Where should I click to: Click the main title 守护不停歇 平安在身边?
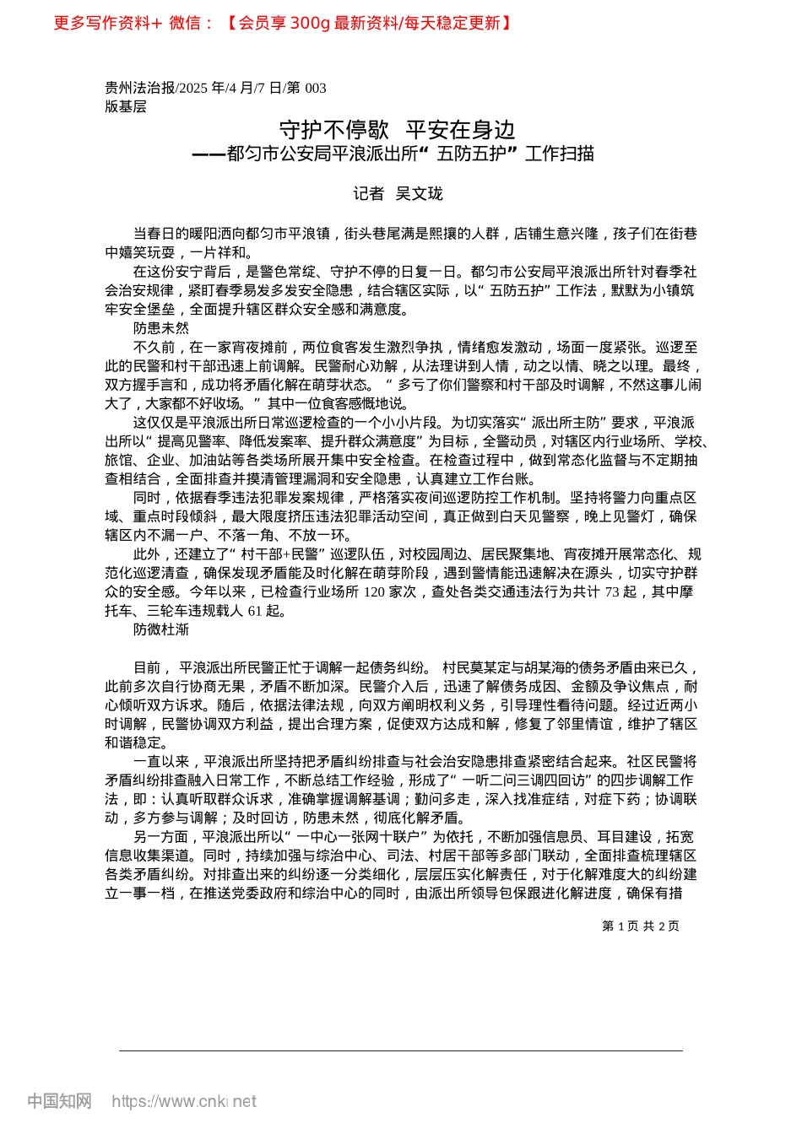397,130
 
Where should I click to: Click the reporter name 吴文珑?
419,194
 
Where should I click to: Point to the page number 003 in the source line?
314,88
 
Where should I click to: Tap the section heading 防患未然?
161,328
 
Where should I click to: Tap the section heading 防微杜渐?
161,629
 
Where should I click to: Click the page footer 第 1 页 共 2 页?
640,926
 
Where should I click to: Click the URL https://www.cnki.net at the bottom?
184,1101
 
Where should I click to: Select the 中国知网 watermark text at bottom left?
59,1101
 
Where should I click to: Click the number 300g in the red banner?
309,23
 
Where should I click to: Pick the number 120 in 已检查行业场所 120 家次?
374,592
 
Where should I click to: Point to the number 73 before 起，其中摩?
613,592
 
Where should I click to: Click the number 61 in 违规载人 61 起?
255,611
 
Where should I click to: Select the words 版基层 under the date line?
126,106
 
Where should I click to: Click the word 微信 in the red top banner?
185,23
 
